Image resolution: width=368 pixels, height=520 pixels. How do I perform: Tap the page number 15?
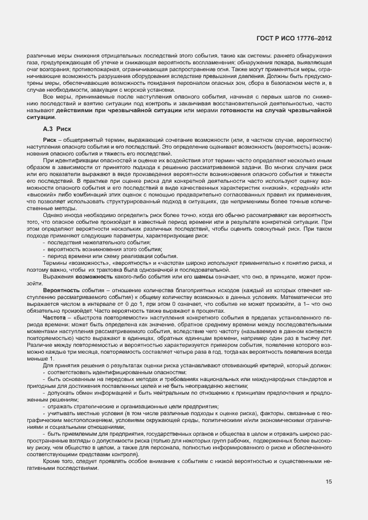pos(329,482)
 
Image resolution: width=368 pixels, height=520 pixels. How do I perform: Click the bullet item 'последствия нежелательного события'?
pos(94,243)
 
